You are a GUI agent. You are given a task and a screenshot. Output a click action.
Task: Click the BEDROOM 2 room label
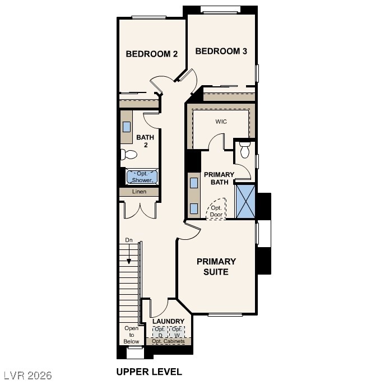pos(151,54)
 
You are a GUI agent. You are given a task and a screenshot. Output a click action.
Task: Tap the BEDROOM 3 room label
pos(221,51)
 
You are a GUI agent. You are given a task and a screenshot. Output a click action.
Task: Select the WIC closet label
pos(221,121)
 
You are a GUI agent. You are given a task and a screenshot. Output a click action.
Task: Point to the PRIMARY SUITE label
pos(216,266)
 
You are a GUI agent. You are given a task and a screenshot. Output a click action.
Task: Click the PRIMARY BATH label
pos(219,178)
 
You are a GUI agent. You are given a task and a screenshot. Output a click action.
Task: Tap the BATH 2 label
pos(145,141)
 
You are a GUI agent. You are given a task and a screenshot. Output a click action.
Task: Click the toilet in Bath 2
pos(129,155)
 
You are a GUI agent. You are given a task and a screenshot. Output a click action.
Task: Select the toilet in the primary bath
pos(245,150)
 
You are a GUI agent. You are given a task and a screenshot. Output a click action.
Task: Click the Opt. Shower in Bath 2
pos(142,177)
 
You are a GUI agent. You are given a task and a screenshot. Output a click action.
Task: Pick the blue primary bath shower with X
pos(245,200)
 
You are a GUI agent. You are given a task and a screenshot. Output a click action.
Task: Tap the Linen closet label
pos(139,192)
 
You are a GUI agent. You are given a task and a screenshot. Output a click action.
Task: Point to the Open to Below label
pos(131,335)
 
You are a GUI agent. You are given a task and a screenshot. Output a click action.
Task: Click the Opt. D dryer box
pos(160,332)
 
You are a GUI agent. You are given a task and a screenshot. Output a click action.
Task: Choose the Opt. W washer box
pos(177,332)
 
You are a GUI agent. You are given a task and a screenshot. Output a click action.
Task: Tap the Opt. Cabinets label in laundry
pos(169,341)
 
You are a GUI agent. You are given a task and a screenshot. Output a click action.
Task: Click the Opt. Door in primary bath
pos(216,210)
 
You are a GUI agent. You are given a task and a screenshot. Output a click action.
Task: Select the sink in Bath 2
pos(127,127)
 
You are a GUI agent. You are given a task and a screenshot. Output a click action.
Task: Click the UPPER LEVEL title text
pos(149,371)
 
